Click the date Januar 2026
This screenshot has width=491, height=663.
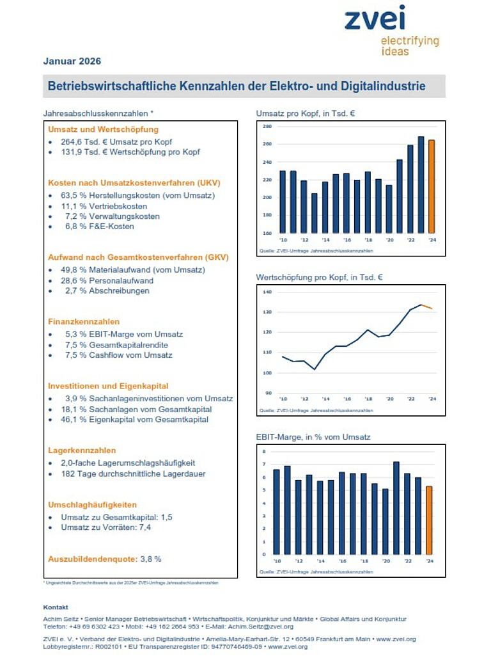72,61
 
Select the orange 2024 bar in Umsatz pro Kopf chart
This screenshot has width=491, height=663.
432,186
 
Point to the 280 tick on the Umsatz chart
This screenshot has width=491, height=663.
267,127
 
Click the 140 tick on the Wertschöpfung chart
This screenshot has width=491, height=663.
267,292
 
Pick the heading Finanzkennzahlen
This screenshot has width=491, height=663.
84,322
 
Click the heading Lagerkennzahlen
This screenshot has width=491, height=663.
82,451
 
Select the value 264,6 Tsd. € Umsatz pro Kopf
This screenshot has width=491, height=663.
116,142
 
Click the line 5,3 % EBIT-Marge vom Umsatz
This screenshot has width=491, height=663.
123,334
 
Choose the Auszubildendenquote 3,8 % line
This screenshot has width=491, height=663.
105,559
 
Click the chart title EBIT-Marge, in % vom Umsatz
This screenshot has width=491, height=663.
313,437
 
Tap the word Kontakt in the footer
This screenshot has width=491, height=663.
56,607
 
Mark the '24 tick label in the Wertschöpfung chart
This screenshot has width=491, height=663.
432,399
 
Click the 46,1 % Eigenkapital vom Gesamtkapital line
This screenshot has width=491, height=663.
134,420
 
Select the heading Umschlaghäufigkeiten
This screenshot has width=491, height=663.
92,505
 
